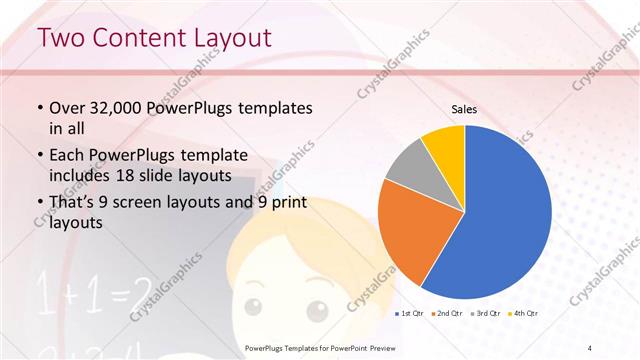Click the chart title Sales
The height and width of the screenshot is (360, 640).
464,108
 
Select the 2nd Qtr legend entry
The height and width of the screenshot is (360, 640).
446,314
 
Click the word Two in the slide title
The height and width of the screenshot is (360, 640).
61,39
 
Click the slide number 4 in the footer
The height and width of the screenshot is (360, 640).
590,347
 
